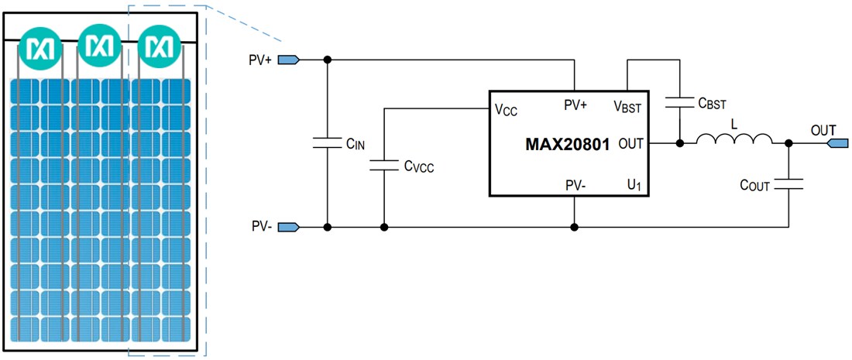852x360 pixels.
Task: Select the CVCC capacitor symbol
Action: [x=384, y=164]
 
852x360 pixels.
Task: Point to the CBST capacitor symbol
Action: [x=679, y=101]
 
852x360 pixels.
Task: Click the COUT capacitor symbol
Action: [x=788, y=184]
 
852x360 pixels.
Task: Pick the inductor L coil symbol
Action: [x=734, y=139]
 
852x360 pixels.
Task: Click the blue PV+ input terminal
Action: [x=289, y=60]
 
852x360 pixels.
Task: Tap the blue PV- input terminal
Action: [x=289, y=227]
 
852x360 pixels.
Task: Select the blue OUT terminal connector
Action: [x=839, y=143]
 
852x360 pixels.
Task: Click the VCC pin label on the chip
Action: [x=507, y=109]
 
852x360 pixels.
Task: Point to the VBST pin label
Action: [x=627, y=107]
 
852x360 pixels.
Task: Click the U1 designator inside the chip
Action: [x=634, y=185]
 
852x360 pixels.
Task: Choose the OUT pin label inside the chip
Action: [x=632, y=144]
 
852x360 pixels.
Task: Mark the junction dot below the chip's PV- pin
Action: [x=573, y=227]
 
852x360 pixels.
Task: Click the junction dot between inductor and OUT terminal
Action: [x=788, y=143]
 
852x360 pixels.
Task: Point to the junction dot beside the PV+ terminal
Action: [x=327, y=60]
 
